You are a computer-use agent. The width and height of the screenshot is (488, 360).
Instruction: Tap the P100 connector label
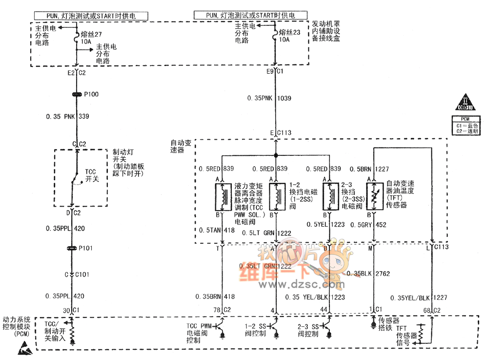click(x=91, y=94)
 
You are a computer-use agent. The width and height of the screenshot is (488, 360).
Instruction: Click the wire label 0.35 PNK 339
click(x=68, y=116)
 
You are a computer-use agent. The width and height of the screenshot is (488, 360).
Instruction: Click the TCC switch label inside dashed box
click(x=92, y=175)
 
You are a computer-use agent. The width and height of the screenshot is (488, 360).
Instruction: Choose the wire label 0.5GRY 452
click(x=373, y=225)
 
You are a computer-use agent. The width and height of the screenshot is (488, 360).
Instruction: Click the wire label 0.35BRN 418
click(x=215, y=296)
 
